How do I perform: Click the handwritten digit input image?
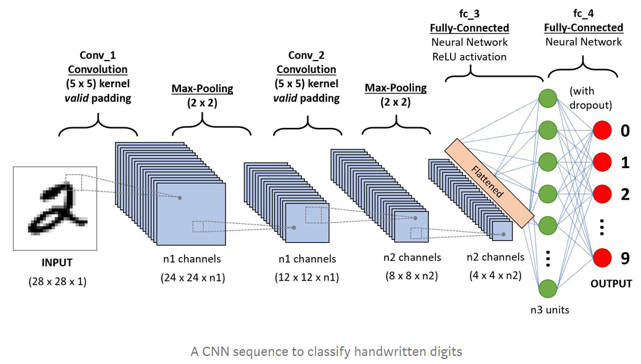55,208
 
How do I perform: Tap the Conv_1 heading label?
98,56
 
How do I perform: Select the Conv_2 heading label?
306,56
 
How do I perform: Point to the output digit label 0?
625,130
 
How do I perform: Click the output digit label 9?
625,258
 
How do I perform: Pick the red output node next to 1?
602,162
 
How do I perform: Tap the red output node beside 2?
602,193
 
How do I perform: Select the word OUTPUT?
611,284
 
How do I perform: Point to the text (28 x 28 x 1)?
57,281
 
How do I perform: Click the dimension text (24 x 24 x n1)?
193,277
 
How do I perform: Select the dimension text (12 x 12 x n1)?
307,277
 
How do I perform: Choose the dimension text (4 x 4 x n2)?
495,276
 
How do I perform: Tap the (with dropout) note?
590,98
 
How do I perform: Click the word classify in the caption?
324,352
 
